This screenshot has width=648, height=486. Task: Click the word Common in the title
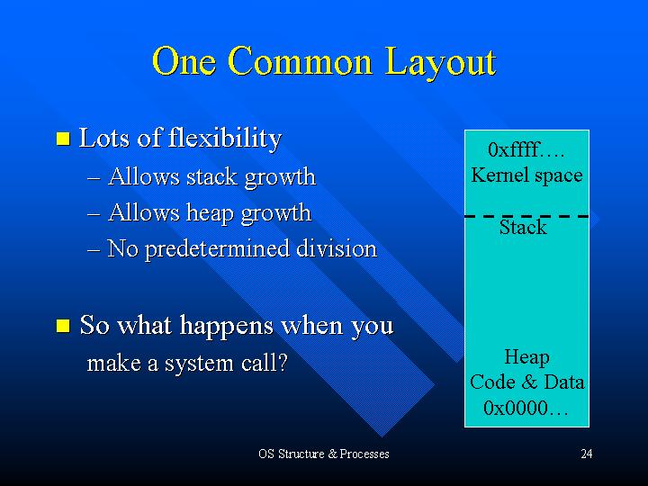pyautogui.click(x=300, y=61)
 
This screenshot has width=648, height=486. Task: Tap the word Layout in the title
pyautogui.click(x=440, y=63)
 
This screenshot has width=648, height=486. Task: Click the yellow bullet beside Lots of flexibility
pyautogui.click(x=63, y=139)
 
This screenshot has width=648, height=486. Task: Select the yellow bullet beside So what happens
pyautogui.click(x=63, y=326)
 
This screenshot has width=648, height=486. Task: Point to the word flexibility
pyautogui.click(x=225, y=138)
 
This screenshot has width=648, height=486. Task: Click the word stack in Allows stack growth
pyautogui.click(x=211, y=177)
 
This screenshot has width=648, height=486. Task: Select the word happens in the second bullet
pyautogui.click(x=227, y=326)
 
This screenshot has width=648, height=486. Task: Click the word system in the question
pyautogui.click(x=199, y=364)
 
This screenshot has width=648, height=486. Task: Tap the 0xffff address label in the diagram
pyautogui.click(x=526, y=149)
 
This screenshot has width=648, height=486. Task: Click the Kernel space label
pyautogui.click(x=526, y=175)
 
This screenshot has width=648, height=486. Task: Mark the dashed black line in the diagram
pyautogui.click(x=526, y=216)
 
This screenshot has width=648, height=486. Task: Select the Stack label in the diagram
pyautogui.click(x=523, y=228)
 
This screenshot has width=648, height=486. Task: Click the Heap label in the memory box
pyautogui.click(x=526, y=357)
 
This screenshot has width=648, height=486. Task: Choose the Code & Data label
pyautogui.click(x=526, y=382)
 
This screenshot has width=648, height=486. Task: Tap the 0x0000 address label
pyautogui.click(x=526, y=408)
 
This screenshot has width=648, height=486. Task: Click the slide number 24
pyautogui.click(x=587, y=454)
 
